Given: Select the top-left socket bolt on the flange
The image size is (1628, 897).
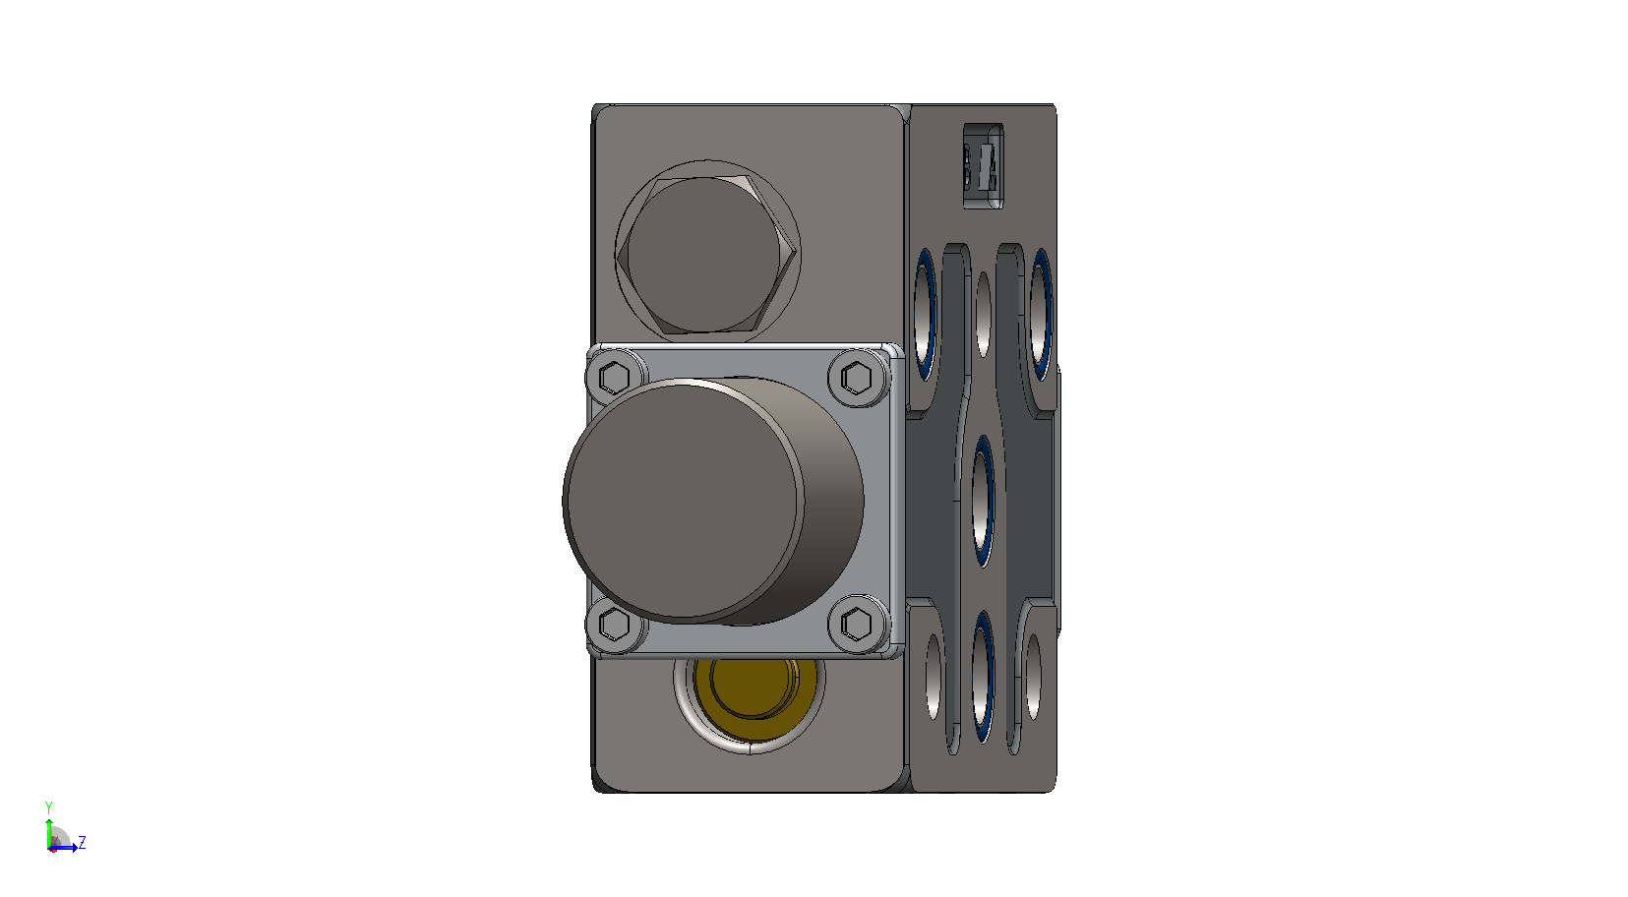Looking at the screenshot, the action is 615,378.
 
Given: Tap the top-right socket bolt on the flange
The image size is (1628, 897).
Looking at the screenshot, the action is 857,378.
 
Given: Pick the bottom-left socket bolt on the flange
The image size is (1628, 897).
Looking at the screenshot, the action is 615,624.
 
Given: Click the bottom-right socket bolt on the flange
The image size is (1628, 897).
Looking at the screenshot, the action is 857,624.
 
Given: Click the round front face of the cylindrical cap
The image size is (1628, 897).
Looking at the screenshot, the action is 684,502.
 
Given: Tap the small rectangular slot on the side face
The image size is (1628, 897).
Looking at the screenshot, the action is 984,166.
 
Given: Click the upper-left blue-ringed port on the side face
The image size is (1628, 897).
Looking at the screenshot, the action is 925,314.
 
